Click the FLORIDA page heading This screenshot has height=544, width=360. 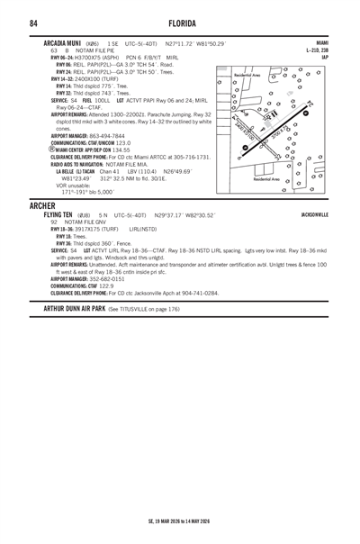[x=181, y=22]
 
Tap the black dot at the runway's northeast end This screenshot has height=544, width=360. [x=305, y=113]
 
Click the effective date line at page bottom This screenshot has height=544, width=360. [x=180, y=521]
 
